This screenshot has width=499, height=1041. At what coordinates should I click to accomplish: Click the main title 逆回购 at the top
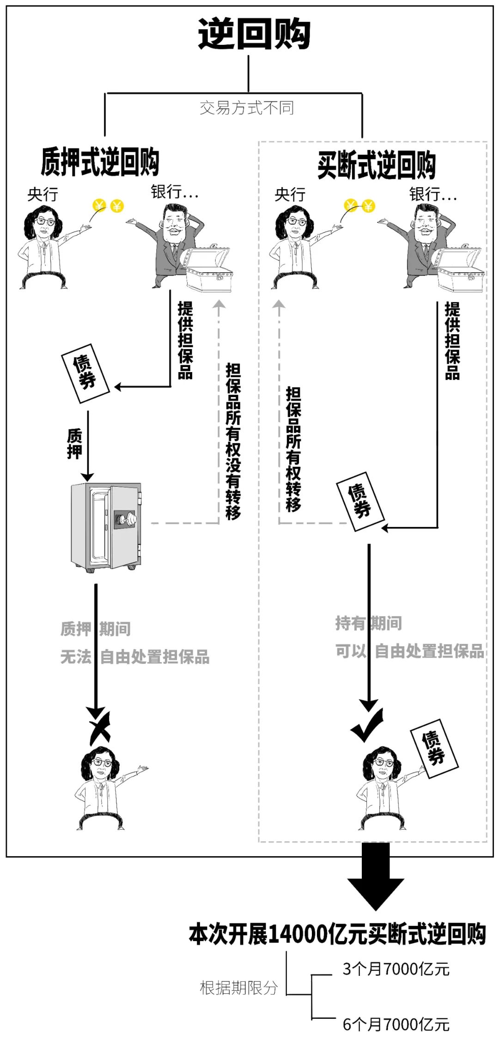pos(254,34)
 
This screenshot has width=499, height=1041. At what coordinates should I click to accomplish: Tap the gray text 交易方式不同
pos(246,108)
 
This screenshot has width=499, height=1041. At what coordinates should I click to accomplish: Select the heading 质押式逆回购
pos(100,162)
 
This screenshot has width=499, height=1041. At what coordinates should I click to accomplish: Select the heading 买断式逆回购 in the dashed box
pos(376,165)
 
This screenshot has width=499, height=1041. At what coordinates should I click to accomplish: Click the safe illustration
pos(106,527)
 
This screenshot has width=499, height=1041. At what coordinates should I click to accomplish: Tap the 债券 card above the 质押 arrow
pos(85,373)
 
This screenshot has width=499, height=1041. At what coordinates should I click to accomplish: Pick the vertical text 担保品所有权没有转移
pos(233,441)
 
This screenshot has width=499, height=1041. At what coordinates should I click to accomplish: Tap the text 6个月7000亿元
pos(396,1024)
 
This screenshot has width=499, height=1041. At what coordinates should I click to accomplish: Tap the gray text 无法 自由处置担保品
pos(134,657)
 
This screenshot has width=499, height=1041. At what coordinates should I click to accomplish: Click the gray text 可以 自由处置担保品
pos(409,651)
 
